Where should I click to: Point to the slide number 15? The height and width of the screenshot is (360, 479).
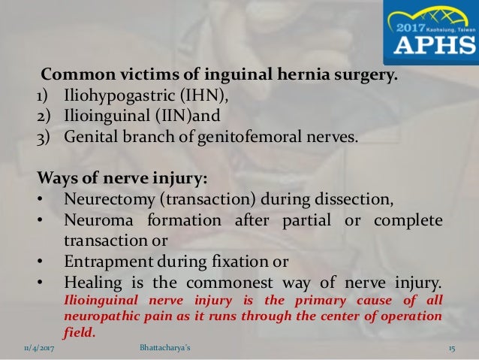(452, 349)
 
